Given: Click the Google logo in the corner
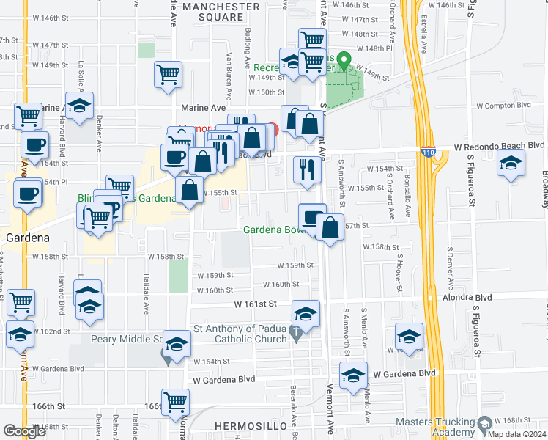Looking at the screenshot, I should pyautogui.click(x=25, y=431).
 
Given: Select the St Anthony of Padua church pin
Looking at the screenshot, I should pyautogui.click(x=295, y=334).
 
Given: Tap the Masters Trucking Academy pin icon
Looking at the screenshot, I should pyautogui.click(x=484, y=424).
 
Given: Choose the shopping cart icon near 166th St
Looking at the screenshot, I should pyautogui.click(x=175, y=401).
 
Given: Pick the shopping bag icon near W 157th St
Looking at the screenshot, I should pyautogui.click(x=330, y=227).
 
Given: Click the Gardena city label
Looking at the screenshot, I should pyautogui.click(x=27, y=238).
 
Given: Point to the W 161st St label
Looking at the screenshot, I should pyautogui.click(x=255, y=303).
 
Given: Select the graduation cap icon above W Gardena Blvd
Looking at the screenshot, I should pyautogui.click(x=353, y=376).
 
